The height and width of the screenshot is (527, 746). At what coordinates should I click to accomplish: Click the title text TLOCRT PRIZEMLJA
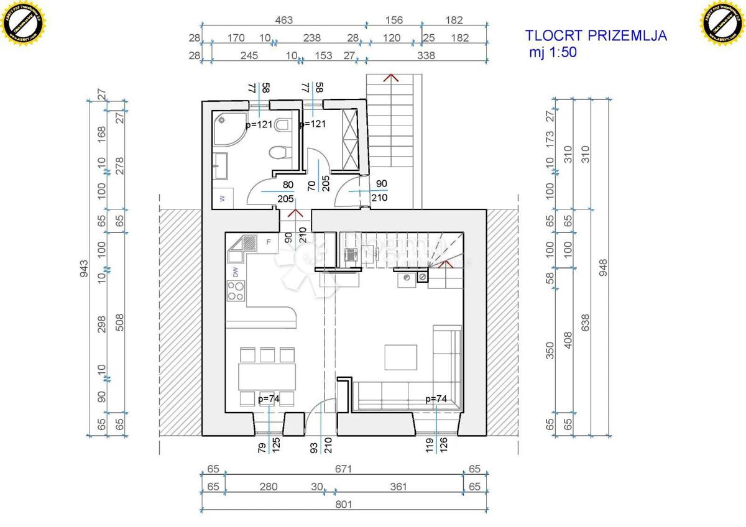tap(596, 35)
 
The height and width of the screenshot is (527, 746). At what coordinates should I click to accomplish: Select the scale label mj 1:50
tap(553, 52)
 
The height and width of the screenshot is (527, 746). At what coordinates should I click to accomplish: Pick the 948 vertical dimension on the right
tap(602, 267)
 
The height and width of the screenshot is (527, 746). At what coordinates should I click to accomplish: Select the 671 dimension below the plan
tap(343, 469)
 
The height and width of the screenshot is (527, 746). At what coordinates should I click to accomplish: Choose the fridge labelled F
tap(268, 242)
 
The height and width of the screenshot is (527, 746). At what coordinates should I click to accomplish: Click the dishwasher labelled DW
tap(236, 271)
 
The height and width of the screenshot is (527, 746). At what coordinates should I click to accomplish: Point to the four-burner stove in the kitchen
tap(236, 290)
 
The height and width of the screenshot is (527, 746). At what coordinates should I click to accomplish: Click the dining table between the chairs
tap(268, 377)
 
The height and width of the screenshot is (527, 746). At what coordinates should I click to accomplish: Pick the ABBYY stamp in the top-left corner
tap(24, 23)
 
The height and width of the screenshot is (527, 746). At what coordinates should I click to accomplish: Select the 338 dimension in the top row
tap(426, 55)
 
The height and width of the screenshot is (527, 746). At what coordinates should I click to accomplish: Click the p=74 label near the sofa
tap(436, 399)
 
